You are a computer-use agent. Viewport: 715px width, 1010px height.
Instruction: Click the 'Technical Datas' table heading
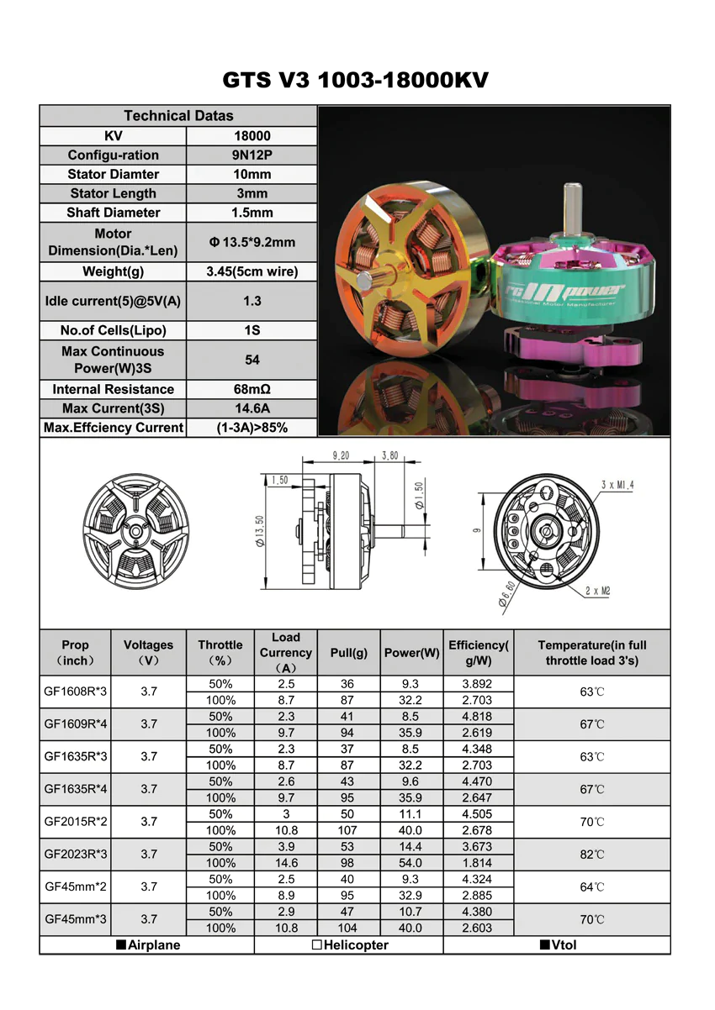178,116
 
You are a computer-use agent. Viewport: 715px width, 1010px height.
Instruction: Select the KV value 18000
252,135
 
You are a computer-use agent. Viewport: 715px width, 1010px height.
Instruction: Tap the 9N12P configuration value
252,155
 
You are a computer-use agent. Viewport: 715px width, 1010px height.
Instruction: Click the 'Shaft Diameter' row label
114,213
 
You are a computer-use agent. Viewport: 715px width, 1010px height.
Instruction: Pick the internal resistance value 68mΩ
252,389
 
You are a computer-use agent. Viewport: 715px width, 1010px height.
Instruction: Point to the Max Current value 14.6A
252,408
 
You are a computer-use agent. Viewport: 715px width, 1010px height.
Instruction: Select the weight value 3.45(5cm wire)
252,271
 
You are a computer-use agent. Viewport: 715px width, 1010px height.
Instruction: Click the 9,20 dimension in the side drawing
341,455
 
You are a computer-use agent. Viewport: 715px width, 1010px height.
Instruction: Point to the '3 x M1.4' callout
619,485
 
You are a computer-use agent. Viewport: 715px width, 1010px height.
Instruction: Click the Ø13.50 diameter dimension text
260,531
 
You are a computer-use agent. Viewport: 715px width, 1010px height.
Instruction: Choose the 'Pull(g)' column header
349,653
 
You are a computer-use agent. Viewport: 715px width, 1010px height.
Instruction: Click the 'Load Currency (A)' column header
286,653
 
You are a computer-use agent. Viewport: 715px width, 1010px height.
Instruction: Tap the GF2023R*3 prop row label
76,854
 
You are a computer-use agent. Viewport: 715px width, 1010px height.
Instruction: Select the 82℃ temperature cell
592,855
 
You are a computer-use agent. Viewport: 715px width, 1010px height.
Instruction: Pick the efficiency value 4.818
477,717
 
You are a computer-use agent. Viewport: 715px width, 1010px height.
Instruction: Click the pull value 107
347,830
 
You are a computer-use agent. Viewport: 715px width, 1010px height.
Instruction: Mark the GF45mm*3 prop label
76,919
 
